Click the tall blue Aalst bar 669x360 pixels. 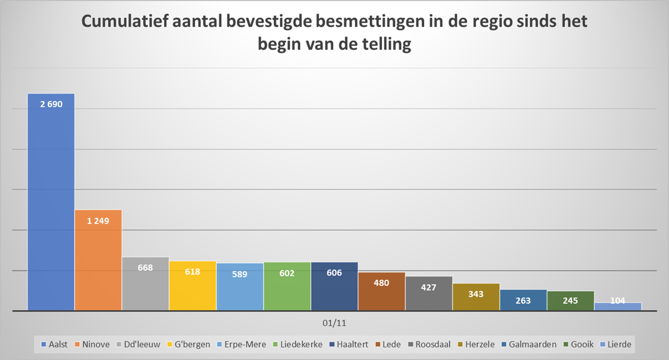point(51,201)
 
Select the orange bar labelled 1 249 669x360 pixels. point(98,259)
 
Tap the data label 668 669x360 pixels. point(145,268)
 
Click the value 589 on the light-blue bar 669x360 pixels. point(240,274)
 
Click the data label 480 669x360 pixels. point(382,283)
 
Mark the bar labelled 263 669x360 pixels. point(523,300)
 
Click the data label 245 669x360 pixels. point(571,301)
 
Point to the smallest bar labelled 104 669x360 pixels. point(618,306)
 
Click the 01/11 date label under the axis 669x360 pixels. point(334,322)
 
